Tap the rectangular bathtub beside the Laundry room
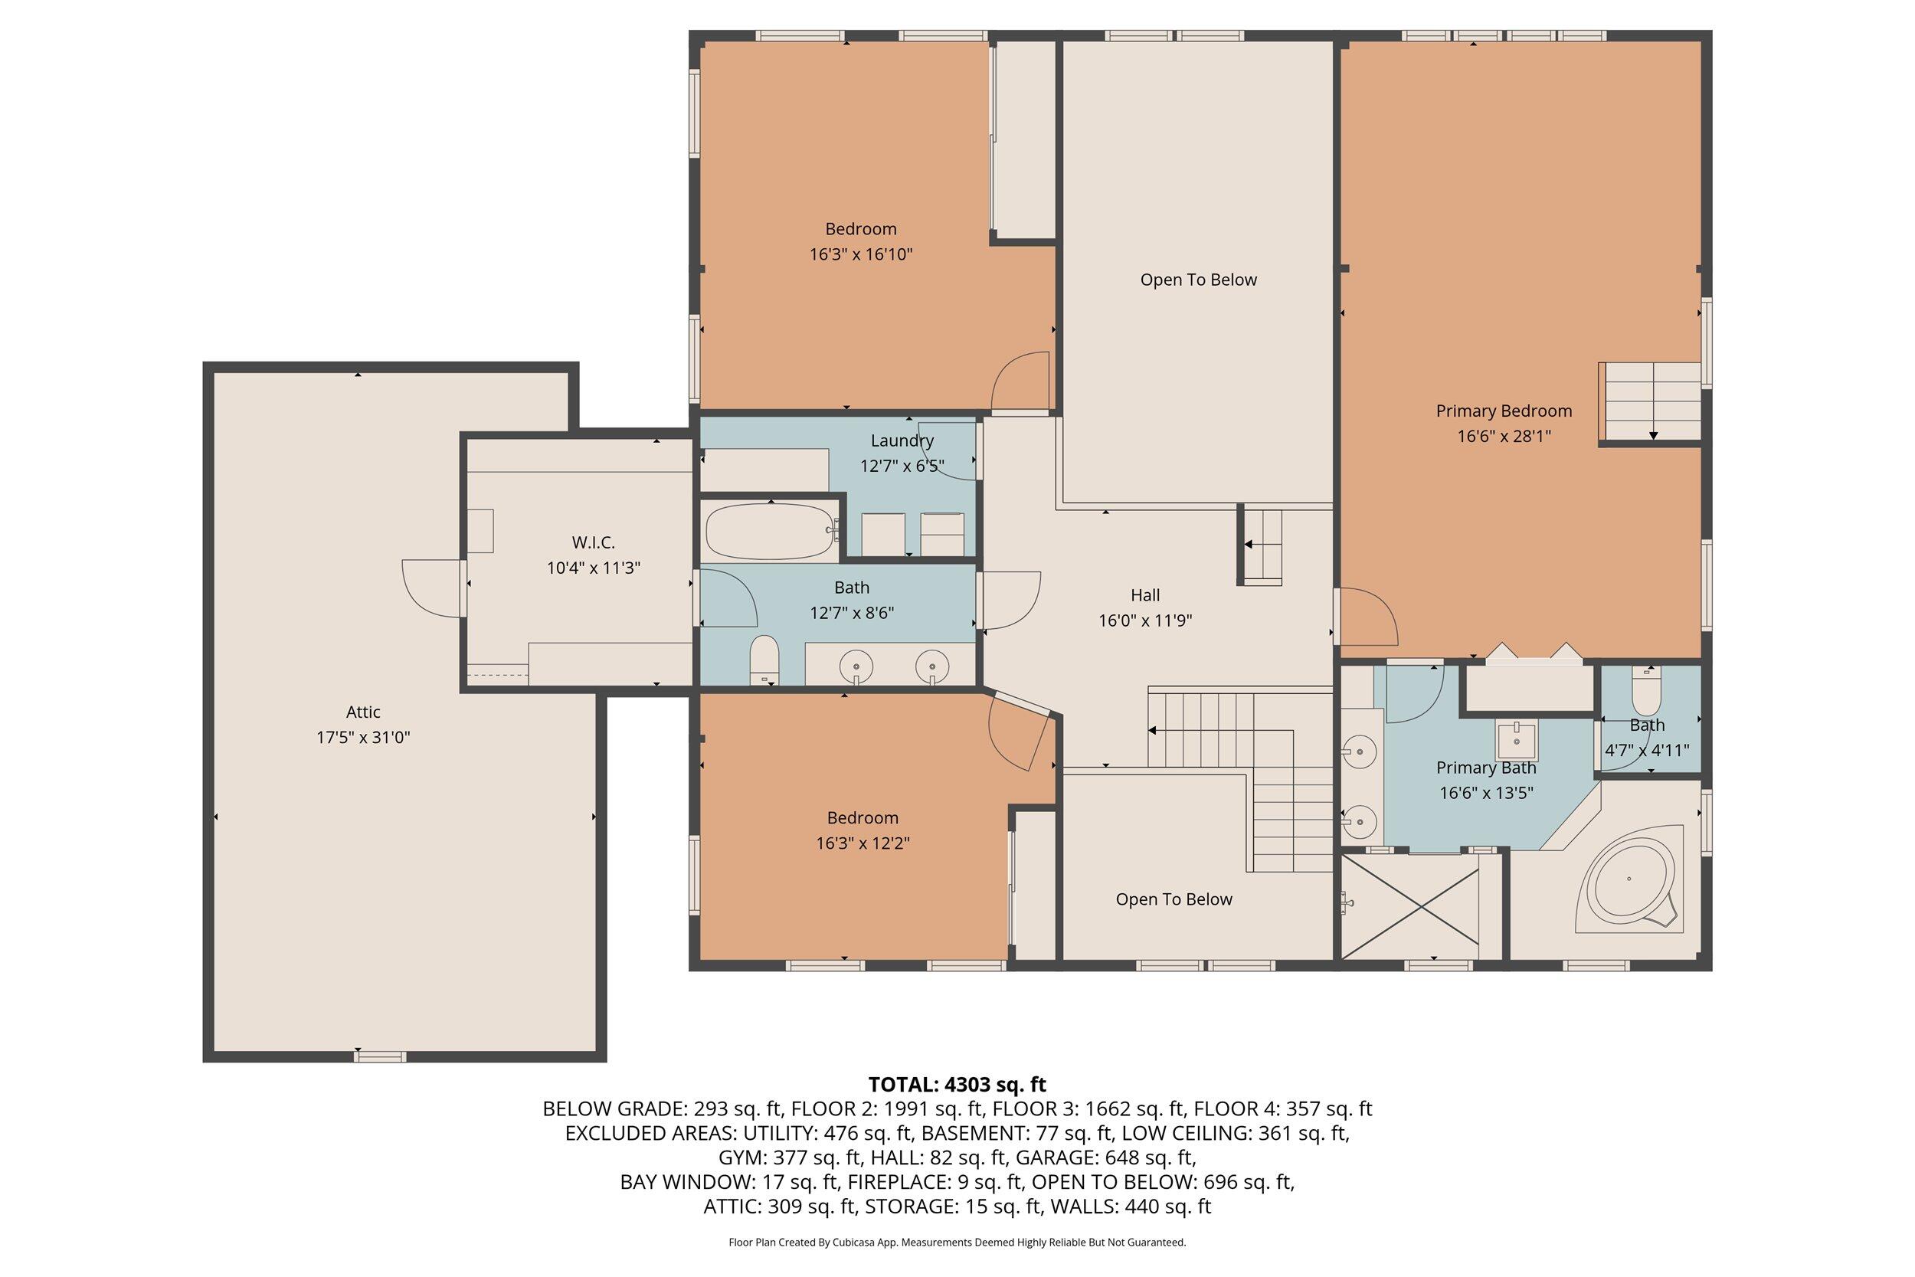tap(768, 531)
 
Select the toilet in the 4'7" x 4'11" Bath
tap(1646, 693)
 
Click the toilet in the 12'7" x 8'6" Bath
tap(764, 660)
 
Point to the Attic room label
tap(363, 712)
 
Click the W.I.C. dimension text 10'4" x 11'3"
tap(593, 568)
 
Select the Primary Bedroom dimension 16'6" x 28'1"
tap(1503, 436)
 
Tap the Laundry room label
tap(902, 440)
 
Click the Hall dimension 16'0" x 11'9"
tap(1144, 620)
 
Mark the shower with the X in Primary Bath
tap(1409, 905)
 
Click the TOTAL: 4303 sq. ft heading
tap(957, 1085)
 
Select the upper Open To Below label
tap(1198, 280)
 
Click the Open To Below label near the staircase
tap(1174, 899)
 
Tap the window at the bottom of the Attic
tap(379, 1057)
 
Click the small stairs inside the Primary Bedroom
tap(1651, 401)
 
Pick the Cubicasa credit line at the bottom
tap(957, 1242)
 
